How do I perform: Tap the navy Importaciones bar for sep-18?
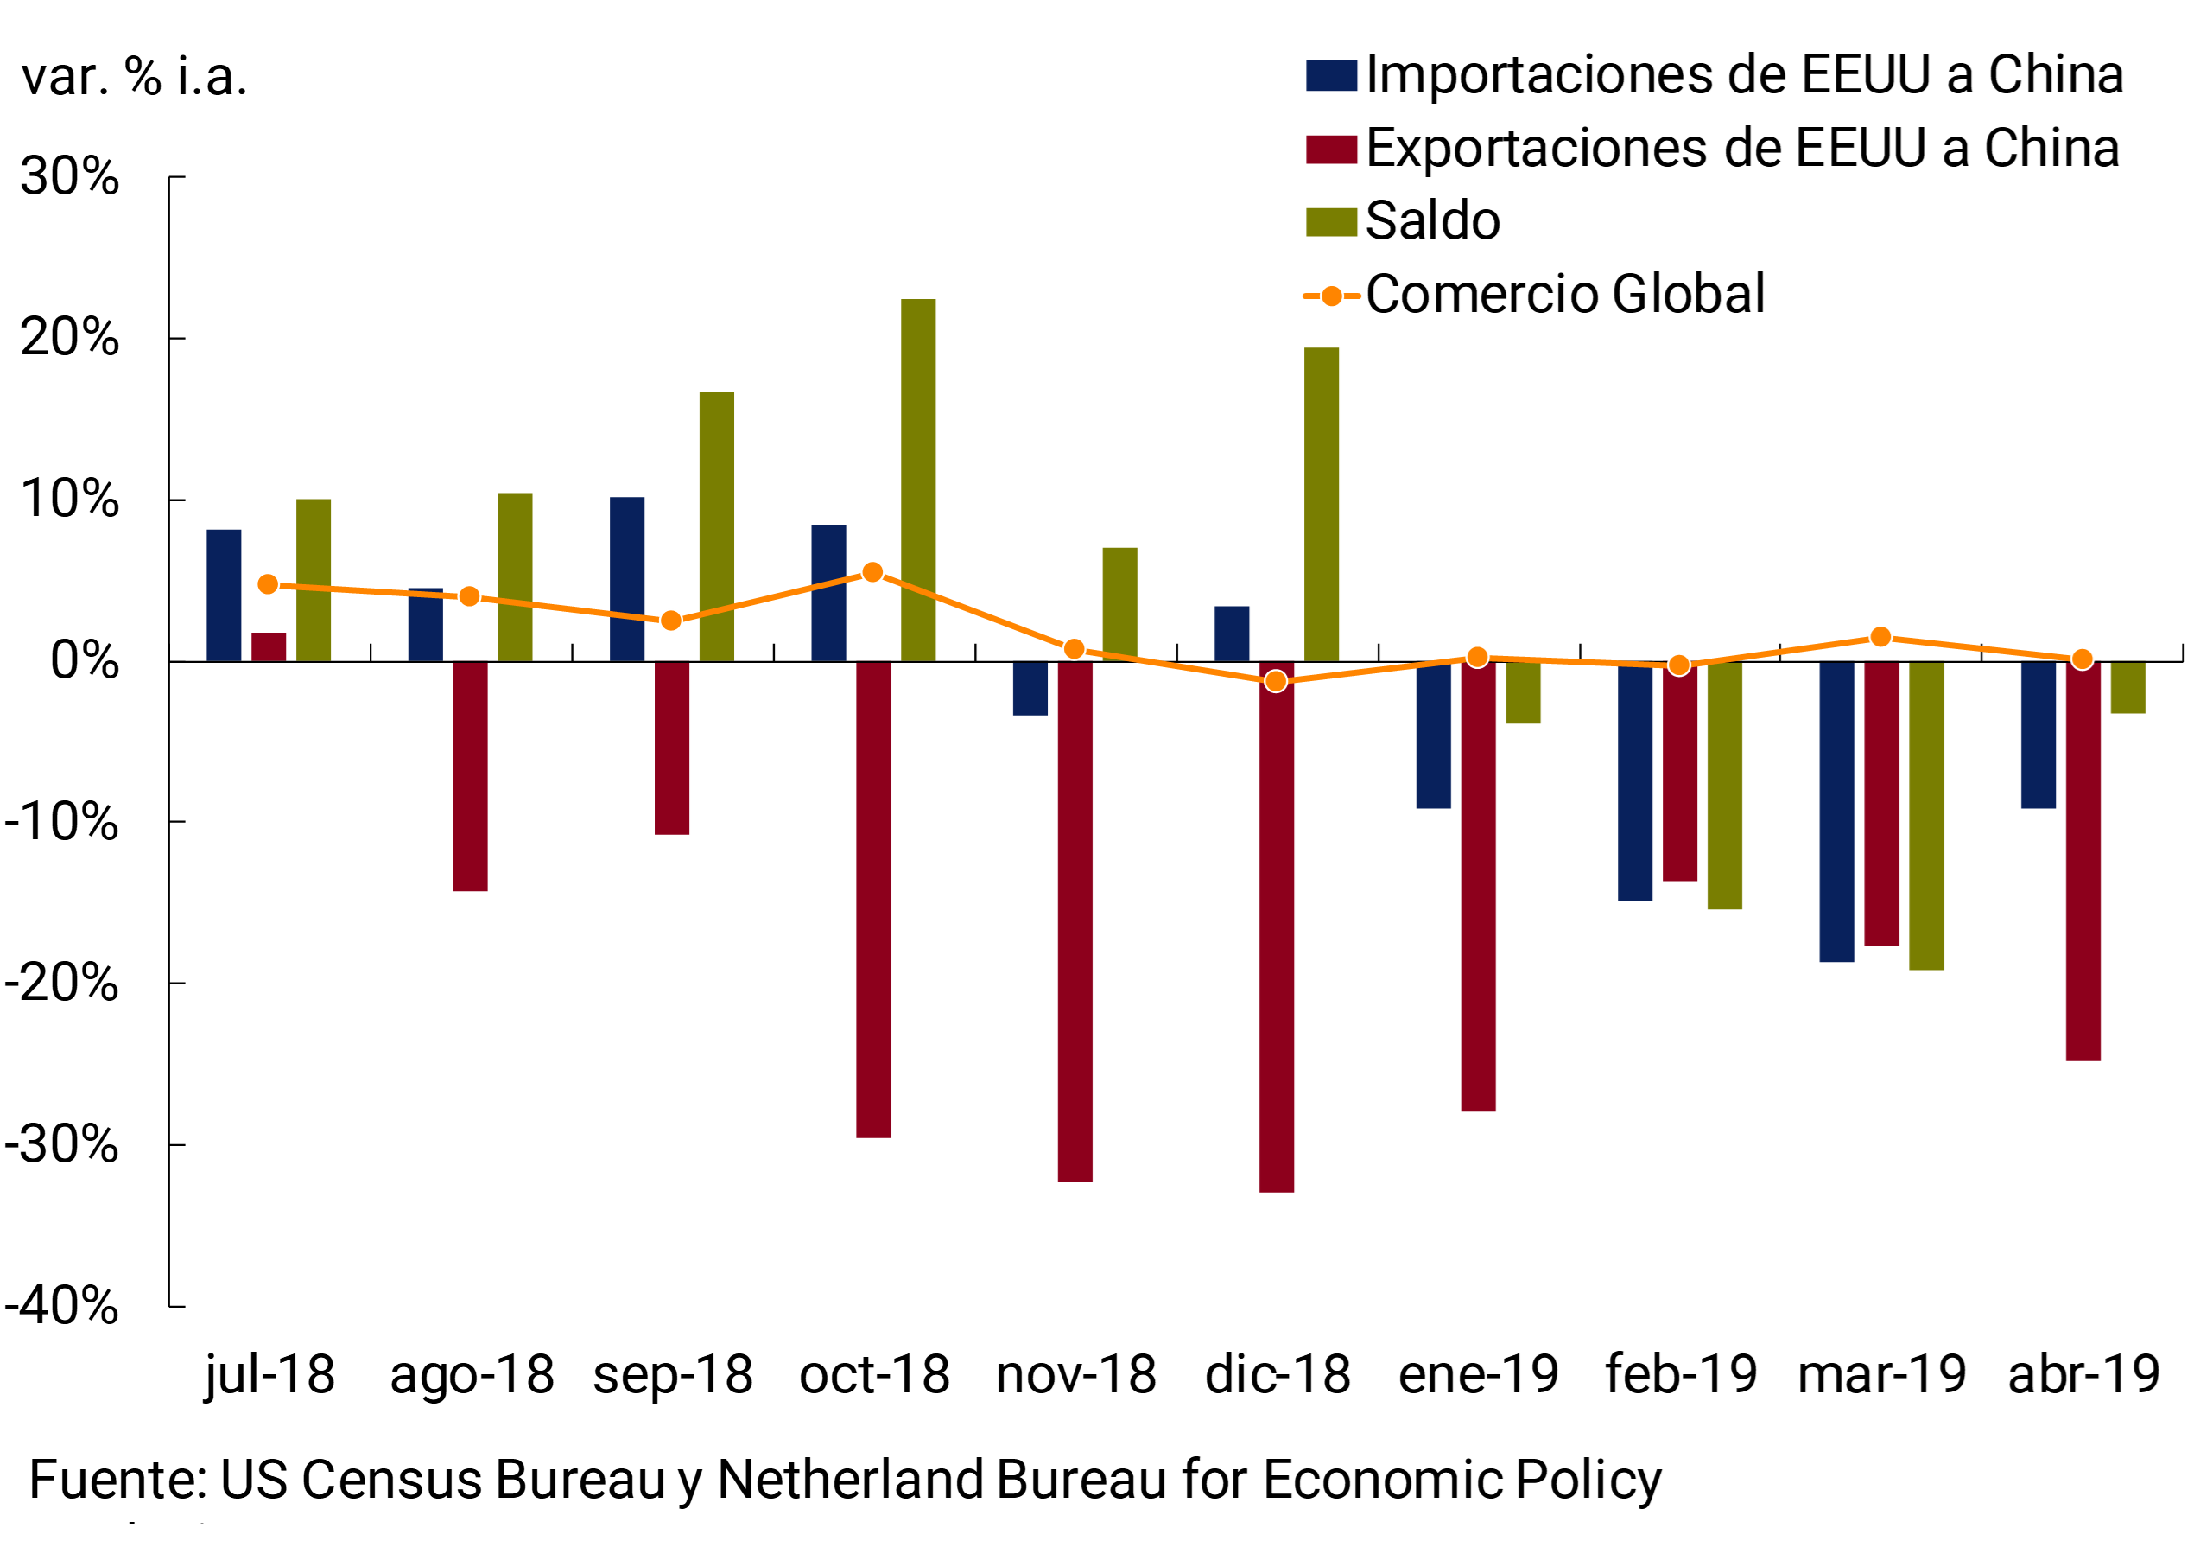pos(627,579)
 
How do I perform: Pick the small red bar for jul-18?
pos(269,647)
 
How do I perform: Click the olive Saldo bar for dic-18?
pos(1322,505)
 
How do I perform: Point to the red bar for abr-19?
pos(2083,860)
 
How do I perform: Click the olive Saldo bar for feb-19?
pos(1725,785)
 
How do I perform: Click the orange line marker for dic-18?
pos(1276,682)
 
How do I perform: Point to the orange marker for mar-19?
pos(1880,638)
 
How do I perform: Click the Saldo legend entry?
pos(1431,222)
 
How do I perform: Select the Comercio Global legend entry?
pos(1564,295)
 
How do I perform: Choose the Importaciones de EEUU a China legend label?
pos(1744,75)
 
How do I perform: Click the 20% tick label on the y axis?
pos(70,339)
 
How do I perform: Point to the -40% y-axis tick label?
pos(62,1307)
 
